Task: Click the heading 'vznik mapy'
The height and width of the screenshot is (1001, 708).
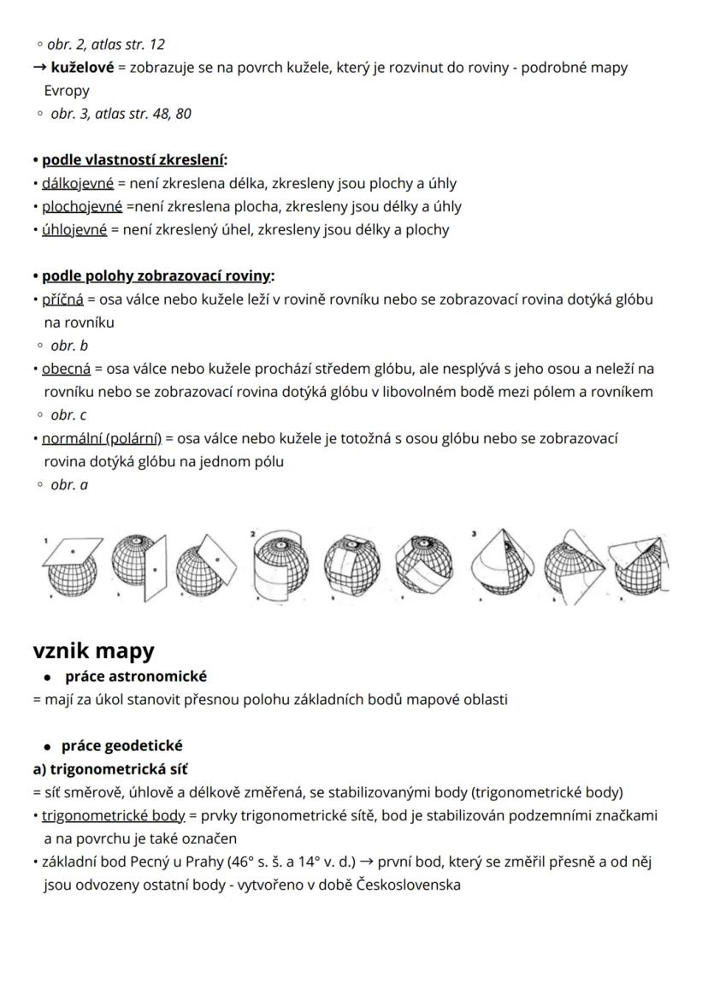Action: (x=94, y=651)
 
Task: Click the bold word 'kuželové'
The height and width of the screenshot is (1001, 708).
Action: (x=82, y=67)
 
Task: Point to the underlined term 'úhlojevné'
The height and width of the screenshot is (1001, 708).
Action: (x=74, y=229)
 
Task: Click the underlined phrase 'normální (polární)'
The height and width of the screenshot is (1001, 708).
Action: (x=102, y=438)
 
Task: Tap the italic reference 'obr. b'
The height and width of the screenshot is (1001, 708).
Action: (x=69, y=346)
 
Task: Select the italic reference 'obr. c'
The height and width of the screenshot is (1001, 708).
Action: (x=68, y=415)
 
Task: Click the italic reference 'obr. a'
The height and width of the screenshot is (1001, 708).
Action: (x=69, y=484)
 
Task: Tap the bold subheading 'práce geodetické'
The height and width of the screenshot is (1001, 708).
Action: (x=121, y=746)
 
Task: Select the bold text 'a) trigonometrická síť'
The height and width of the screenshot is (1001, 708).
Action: (x=110, y=769)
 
